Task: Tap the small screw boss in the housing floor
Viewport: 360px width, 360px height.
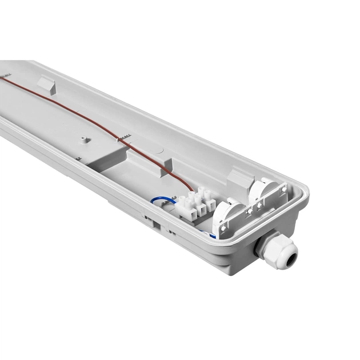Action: (x=84, y=139)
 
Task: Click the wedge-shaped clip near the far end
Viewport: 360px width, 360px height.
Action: (x=46, y=85)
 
